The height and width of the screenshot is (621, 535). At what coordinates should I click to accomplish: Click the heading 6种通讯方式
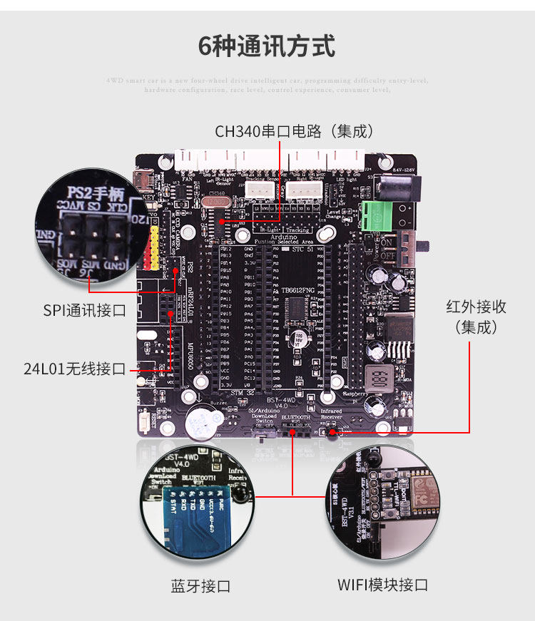tap(267, 46)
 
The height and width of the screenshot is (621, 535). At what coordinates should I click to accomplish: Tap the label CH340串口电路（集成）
tap(294, 131)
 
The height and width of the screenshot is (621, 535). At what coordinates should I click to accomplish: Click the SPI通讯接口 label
tap(84, 311)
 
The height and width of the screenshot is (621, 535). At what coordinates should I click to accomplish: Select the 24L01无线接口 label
tap(74, 369)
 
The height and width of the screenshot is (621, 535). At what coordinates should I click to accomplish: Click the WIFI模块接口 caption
tap(382, 585)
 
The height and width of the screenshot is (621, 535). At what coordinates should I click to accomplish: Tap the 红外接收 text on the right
tap(476, 307)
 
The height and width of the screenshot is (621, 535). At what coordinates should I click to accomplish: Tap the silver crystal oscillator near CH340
tap(218, 202)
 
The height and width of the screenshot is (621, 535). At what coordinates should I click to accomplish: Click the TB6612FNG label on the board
tap(297, 290)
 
